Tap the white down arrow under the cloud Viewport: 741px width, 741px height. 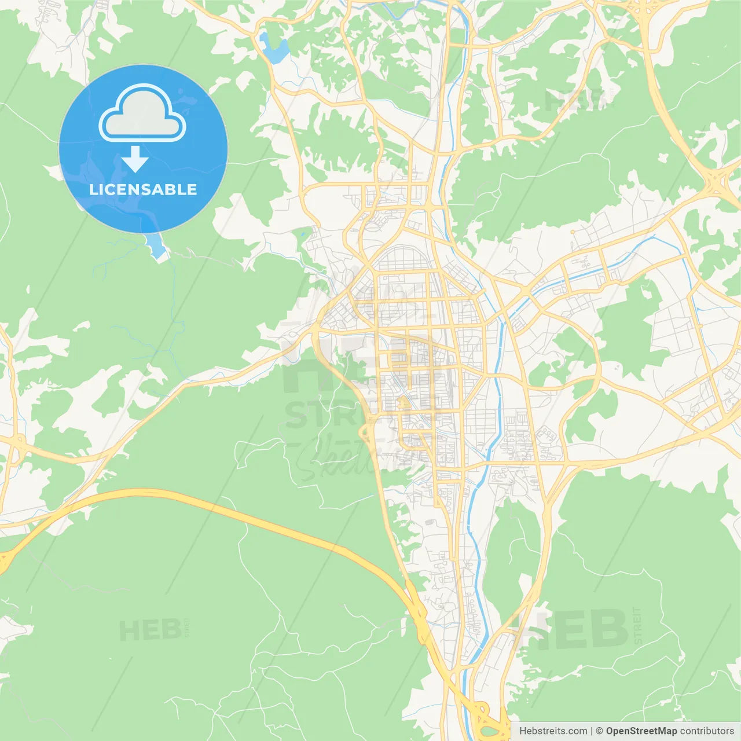coord(135,159)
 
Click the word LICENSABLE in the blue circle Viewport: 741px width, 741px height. coord(143,189)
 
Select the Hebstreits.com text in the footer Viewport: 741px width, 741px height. coord(553,731)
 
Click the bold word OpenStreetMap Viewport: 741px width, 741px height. coord(641,731)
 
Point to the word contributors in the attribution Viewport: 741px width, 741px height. coord(707,731)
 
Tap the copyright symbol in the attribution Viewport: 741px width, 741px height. coord(599,731)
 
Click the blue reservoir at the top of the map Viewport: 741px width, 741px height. coord(273,50)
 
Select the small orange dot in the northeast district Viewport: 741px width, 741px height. coord(573,232)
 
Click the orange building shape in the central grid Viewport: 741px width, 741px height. coord(401,403)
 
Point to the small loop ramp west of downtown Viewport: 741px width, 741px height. coord(365,431)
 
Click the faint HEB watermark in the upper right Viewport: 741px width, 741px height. coord(573,100)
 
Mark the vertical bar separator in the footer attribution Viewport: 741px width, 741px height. coord(592,731)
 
